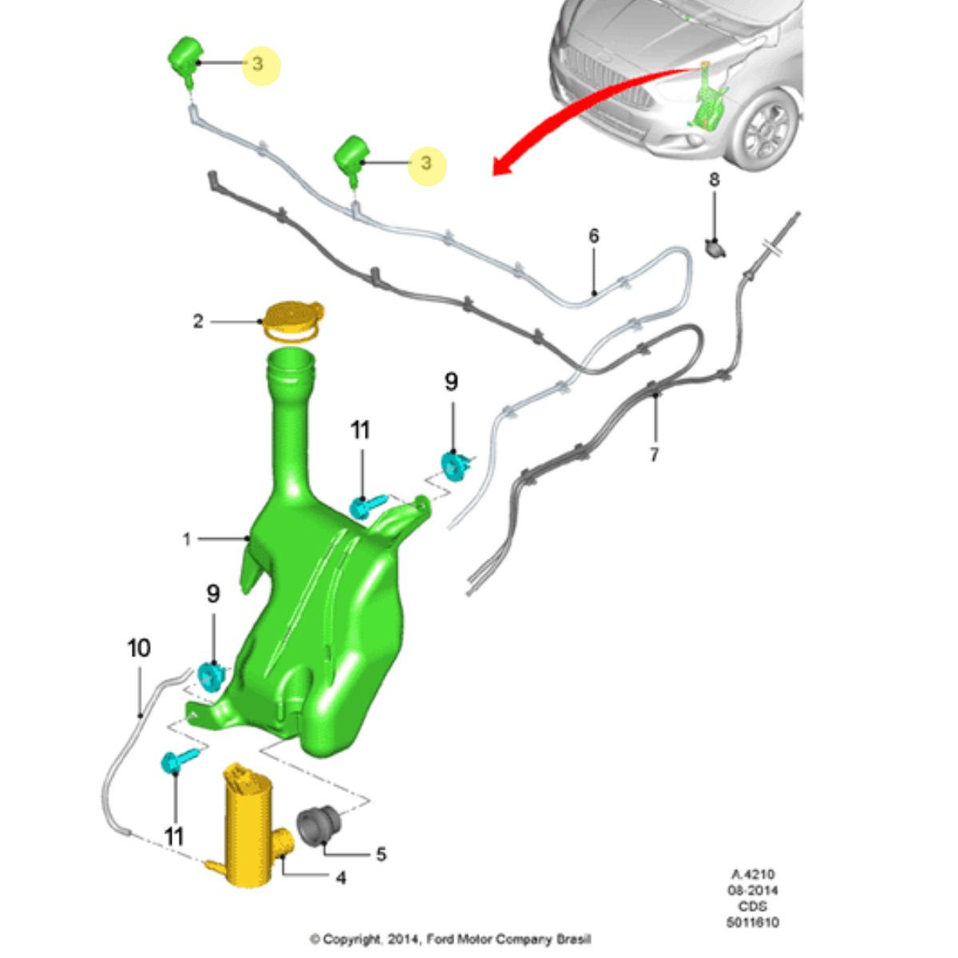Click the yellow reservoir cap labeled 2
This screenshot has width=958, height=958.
(x=293, y=321)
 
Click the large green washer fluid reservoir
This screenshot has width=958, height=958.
(x=323, y=596)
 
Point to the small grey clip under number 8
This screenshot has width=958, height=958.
(x=715, y=248)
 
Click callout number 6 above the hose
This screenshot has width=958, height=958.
(x=594, y=236)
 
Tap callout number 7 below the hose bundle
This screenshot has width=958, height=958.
(x=654, y=453)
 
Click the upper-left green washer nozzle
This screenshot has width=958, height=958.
(x=187, y=61)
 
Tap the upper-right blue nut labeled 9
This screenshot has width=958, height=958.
(x=454, y=466)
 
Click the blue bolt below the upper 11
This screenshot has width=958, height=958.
(x=367, y=505)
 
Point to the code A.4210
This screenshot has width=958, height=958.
(x=753, y=874)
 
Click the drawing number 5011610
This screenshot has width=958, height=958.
(x=753, y=922)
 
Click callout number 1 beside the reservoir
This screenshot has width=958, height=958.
(x=187, y=539)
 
